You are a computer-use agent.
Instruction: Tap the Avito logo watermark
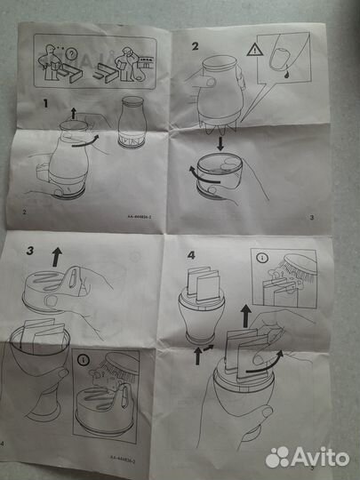tap(307, 456)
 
